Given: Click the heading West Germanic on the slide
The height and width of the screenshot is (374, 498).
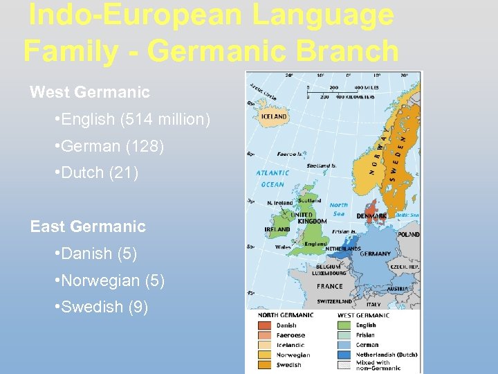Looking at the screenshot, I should pyautogui.click(x=90, y=91).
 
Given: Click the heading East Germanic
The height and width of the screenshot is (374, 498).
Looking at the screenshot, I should pyautogui.click(x=88, y=226).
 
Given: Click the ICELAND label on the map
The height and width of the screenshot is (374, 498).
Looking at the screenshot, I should pyautogui.click(x=274, y=117).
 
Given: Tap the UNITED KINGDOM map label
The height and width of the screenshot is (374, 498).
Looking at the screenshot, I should pyautogui.click(x=308, y=218).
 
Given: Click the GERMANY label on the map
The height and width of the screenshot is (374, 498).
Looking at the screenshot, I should pyautogui.click(x=375, y=253).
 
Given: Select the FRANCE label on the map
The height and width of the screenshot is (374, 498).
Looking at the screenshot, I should pyautogui.click(x=329, y=286).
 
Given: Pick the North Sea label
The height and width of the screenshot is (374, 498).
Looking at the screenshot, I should pyautogui.click(x=338, y=209).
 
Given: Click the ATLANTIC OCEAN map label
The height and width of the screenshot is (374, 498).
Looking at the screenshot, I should pyautogui.click(x=273, y=179).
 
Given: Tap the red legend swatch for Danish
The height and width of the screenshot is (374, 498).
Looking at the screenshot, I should pyautogui.click(x=264, y=325).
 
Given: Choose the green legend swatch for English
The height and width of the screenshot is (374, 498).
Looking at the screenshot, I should pyautogui.click(x=344, y=325).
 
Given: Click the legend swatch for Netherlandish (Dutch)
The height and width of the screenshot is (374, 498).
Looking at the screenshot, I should pyautogui.click(x=344, y=354).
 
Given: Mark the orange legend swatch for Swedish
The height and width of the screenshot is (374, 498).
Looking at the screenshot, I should pyautogui.click(x=264, y=364).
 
